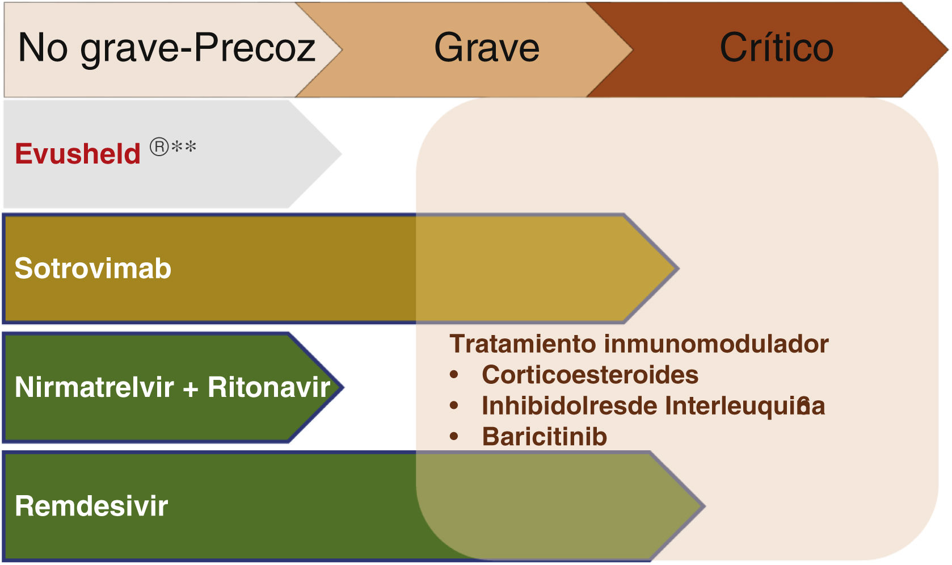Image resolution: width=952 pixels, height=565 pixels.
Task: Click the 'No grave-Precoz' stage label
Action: click(166, 48)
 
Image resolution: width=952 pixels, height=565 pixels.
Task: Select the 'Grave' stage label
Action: click(487, 48)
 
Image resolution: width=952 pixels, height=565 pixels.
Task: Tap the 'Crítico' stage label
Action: click(776, 48)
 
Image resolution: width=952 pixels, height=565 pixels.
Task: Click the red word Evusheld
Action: click(78, 154)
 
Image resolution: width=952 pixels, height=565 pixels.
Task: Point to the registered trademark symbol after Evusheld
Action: click(159, 147)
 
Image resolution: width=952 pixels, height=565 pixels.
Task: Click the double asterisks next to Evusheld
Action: click(184, 147)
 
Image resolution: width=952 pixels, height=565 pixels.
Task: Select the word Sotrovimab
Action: click(93, 268)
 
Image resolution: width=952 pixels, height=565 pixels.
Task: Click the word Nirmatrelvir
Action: click(94, 387)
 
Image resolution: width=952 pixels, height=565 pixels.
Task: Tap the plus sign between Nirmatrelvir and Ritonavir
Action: click(191, 388)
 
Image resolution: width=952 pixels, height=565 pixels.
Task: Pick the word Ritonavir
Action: click(269, 387)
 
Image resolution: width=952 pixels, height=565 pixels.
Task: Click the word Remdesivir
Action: click(91, 506)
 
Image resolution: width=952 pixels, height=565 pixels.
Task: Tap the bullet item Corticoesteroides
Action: click(590, 375)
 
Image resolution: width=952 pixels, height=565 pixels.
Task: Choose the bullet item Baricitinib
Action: click(545, 437)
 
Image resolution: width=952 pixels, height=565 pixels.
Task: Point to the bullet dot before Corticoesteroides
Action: click(454, 375)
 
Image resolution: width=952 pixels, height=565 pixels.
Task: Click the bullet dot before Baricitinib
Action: click(454, 437)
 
